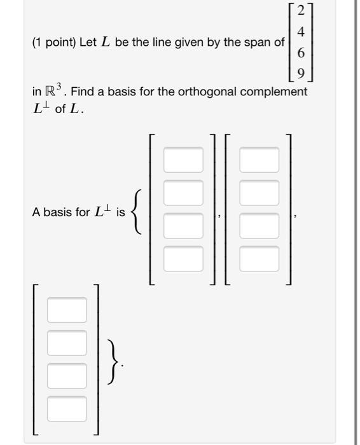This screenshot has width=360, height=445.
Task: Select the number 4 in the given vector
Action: click(301, 32)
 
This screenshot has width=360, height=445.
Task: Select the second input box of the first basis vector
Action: click(183, 191)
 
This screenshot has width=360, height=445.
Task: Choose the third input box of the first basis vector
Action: click(183, 224)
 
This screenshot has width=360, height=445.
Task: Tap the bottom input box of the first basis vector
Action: click(183, 257)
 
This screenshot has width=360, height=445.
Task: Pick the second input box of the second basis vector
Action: click(259, 191)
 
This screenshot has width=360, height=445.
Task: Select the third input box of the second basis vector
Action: click(259, 224)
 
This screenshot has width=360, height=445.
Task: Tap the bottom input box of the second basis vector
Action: click(259, 257)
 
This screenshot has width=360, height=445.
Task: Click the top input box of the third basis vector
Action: click(66, 310)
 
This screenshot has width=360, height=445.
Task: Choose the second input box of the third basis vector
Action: click(66, 343)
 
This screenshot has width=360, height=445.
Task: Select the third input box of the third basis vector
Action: click(66, 376)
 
